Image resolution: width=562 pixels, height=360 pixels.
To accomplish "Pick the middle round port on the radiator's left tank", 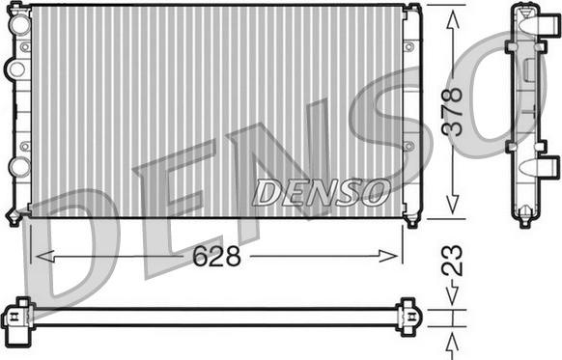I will pyautogui.click(x=16, y=69).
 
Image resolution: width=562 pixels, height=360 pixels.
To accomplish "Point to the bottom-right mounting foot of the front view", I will pyautogui.click(x=413, y=217).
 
